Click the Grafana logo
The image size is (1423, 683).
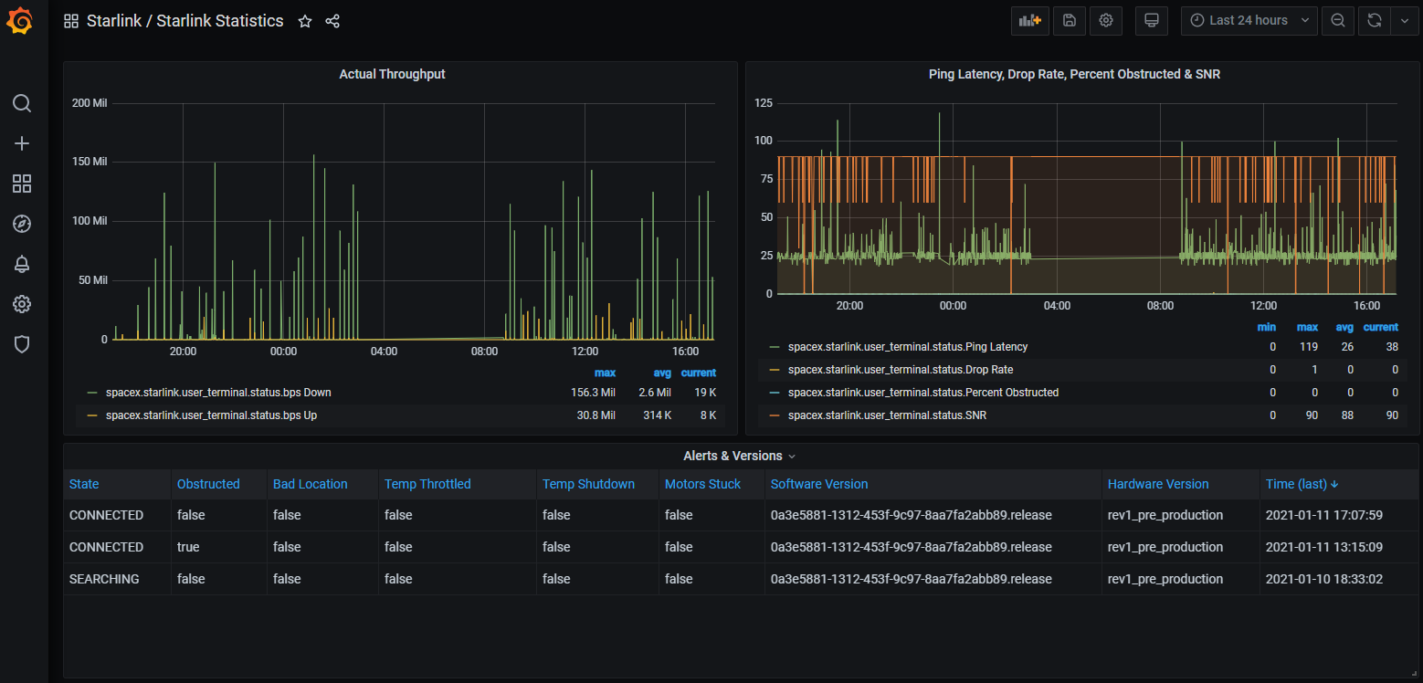20,20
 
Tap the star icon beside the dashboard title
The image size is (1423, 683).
305,21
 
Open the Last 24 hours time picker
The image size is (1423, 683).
1249,20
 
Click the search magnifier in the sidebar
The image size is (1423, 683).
22,103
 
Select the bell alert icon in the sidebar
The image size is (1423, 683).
22,264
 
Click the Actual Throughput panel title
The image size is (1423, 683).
392,74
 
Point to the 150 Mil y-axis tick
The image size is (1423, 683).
90,162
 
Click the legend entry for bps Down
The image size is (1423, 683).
218,392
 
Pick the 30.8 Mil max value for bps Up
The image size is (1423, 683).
596,415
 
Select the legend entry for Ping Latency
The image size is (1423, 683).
907,346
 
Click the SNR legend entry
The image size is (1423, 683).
887,415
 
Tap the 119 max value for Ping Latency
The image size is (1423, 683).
1308,346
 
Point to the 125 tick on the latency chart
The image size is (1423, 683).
763,103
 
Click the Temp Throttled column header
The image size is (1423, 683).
427,484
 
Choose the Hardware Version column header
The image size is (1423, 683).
1158,484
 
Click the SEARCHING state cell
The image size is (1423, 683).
104,579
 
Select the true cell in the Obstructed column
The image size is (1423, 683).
188,546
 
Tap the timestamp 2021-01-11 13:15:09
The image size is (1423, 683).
1323,546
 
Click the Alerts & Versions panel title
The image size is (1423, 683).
733,456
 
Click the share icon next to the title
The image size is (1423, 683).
332,21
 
